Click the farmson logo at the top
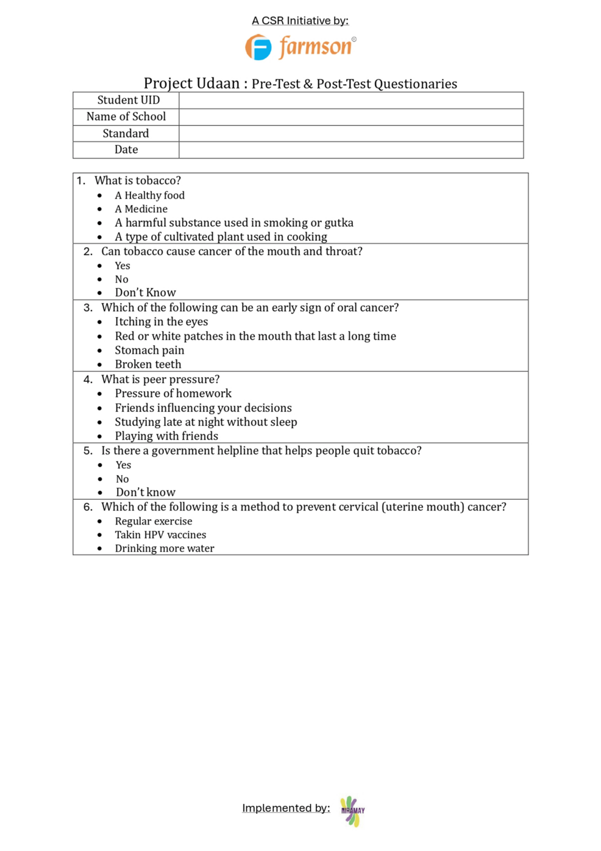pos(300,47)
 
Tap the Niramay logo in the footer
pos(352,811)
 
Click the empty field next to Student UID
pos(350,100)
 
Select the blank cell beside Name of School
pos(350,117)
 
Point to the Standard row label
pos(126,134)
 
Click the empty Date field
pos(350,150)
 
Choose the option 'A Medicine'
pos(141,209)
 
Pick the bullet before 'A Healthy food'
pos(100,196)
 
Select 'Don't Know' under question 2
pos(145,293)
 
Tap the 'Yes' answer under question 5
pos(123,465)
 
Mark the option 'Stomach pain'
pos(149,350)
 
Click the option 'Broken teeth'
pos(148,364)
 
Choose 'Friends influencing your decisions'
pos(203,408)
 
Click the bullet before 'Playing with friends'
pos(100,437)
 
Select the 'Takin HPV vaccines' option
pos(160,535)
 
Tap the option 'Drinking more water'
pos(165,548)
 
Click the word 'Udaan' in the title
pos(219,84)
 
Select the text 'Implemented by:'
pos(286,808)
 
